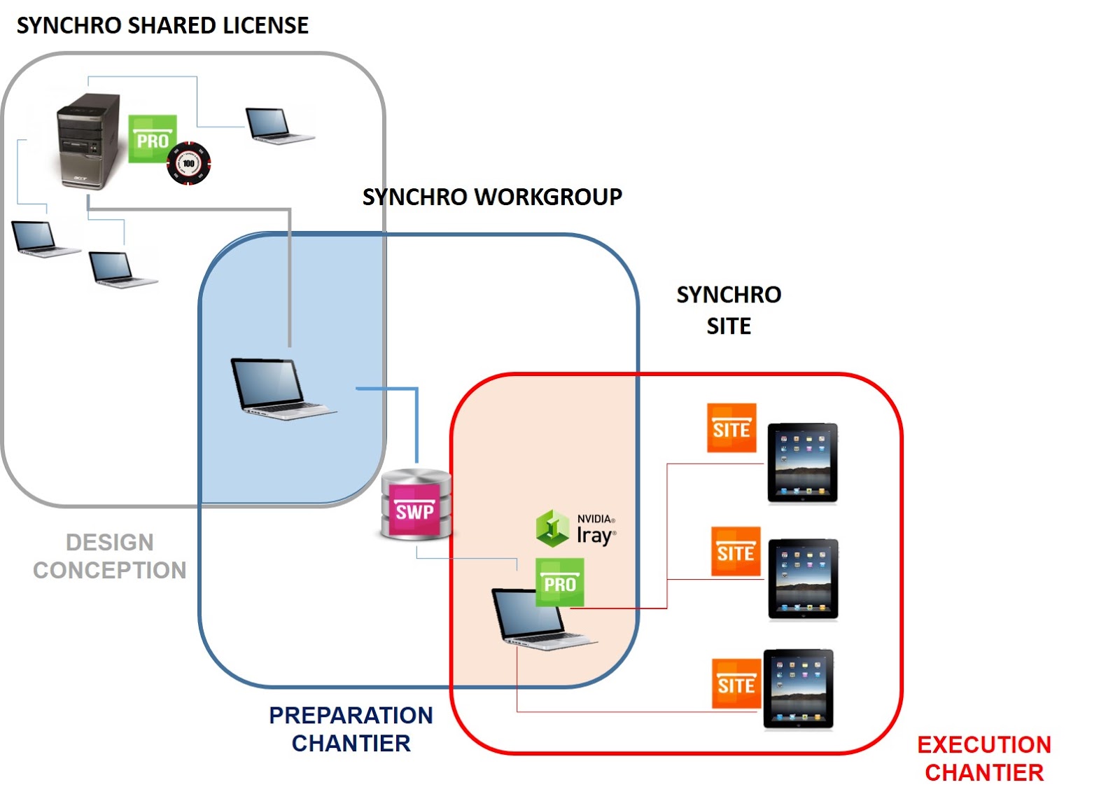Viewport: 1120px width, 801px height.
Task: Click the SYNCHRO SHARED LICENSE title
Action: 162,26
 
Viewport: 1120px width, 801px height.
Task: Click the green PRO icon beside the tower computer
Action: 152,139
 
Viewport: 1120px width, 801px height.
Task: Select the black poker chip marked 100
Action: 188,164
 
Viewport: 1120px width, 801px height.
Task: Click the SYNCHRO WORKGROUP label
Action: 491,197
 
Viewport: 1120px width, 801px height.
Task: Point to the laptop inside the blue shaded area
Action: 279,389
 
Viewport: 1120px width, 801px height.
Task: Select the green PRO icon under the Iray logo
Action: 559,583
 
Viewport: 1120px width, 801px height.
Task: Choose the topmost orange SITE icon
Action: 731,428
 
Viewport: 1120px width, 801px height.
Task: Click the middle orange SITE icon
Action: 735,552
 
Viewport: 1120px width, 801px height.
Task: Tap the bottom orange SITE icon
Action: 736,683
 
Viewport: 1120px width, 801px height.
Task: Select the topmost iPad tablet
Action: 802,463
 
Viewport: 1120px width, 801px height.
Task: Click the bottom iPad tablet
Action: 798,690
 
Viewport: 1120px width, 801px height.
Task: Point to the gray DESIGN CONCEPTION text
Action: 110,557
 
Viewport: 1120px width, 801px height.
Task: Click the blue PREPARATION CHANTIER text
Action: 351,729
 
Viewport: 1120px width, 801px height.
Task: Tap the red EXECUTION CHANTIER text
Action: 983,758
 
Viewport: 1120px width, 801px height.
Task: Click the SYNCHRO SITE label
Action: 729,310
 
